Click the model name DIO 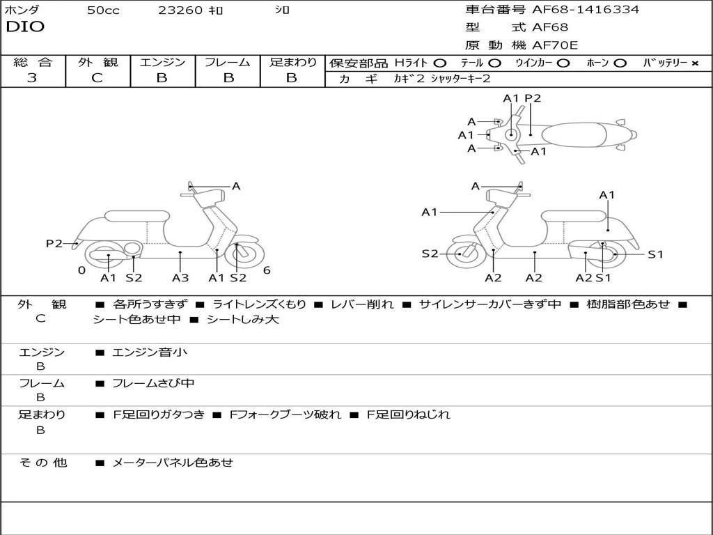pos(25,27)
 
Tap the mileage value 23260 pos(180,10)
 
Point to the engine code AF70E pos(555,45)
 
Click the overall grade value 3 pos(32,78)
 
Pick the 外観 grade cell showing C pos(97,78)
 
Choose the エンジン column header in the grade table pos(162,62)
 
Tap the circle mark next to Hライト pos(439,63)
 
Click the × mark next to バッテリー pos(694,63)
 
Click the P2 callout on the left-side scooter pos(54,243)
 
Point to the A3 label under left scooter pos(180,278)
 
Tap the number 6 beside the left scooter pos(267,270)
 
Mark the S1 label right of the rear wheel pos(656,254)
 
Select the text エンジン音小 pos(150,352)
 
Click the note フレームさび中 pos(153,383)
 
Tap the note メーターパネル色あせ pos(173,462)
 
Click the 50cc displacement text pos(103,10)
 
